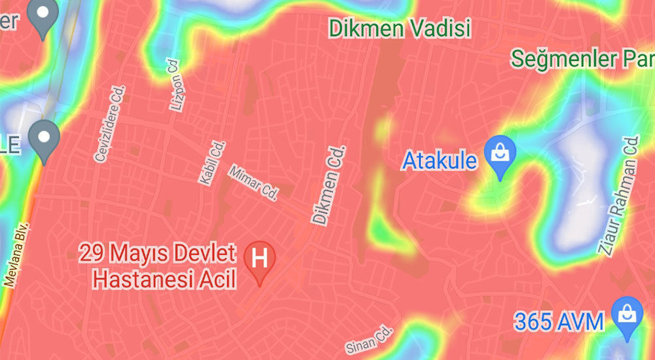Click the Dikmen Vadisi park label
(400, 29)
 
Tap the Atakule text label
(439, 160)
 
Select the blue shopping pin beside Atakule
(500, 156)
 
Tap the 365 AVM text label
(558, 321)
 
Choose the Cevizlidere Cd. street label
(109, 124)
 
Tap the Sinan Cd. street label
(369, 337)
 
